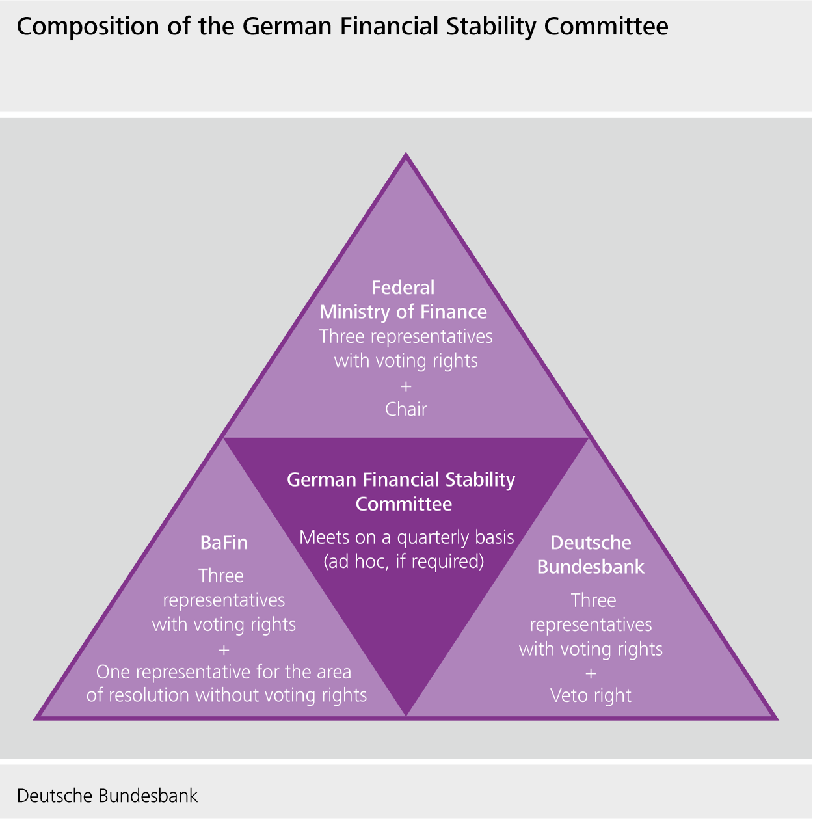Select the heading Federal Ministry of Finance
403,300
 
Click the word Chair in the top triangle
406,409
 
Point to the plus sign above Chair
406,386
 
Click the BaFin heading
224,543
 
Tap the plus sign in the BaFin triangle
224,649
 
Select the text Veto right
591,695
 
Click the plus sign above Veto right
591,673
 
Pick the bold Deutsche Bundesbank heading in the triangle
591,555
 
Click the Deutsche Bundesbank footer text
107,796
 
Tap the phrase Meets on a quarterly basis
406,537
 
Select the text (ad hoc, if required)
404,561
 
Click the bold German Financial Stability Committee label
401,492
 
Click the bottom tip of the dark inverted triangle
406,714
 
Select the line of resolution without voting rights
226,695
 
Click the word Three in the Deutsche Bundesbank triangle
593,600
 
